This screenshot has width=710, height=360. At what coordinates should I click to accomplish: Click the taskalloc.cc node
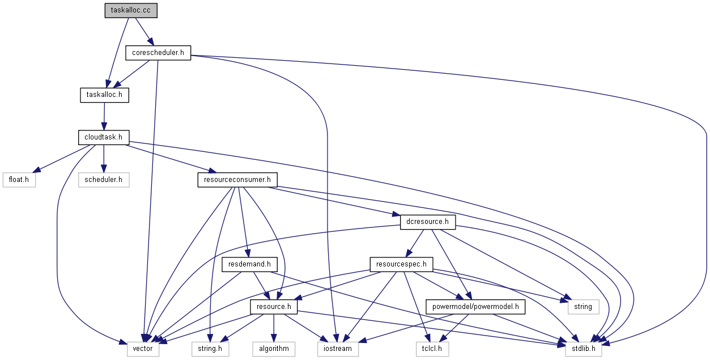130,11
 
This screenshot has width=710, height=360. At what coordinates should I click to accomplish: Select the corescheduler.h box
158,53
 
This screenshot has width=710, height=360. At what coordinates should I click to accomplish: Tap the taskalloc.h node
104,95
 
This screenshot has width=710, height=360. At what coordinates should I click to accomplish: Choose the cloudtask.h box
104,137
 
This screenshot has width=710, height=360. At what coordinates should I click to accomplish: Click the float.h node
19,180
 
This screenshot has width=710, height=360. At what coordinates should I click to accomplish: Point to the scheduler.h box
103,180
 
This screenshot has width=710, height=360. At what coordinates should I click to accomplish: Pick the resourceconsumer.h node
237,180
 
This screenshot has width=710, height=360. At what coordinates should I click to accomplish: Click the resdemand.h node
249,264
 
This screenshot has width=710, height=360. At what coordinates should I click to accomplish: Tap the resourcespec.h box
401,264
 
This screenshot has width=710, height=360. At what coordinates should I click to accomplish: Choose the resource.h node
274,307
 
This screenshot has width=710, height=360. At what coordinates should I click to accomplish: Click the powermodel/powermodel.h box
475,307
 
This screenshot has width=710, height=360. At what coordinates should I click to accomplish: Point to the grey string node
583,307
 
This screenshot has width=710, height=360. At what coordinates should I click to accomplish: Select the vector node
143,349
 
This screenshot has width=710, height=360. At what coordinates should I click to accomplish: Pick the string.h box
210,349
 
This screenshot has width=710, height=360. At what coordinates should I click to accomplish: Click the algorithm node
274,349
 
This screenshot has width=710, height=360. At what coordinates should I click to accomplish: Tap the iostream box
338,349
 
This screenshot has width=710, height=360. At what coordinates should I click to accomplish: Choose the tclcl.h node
431,349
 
